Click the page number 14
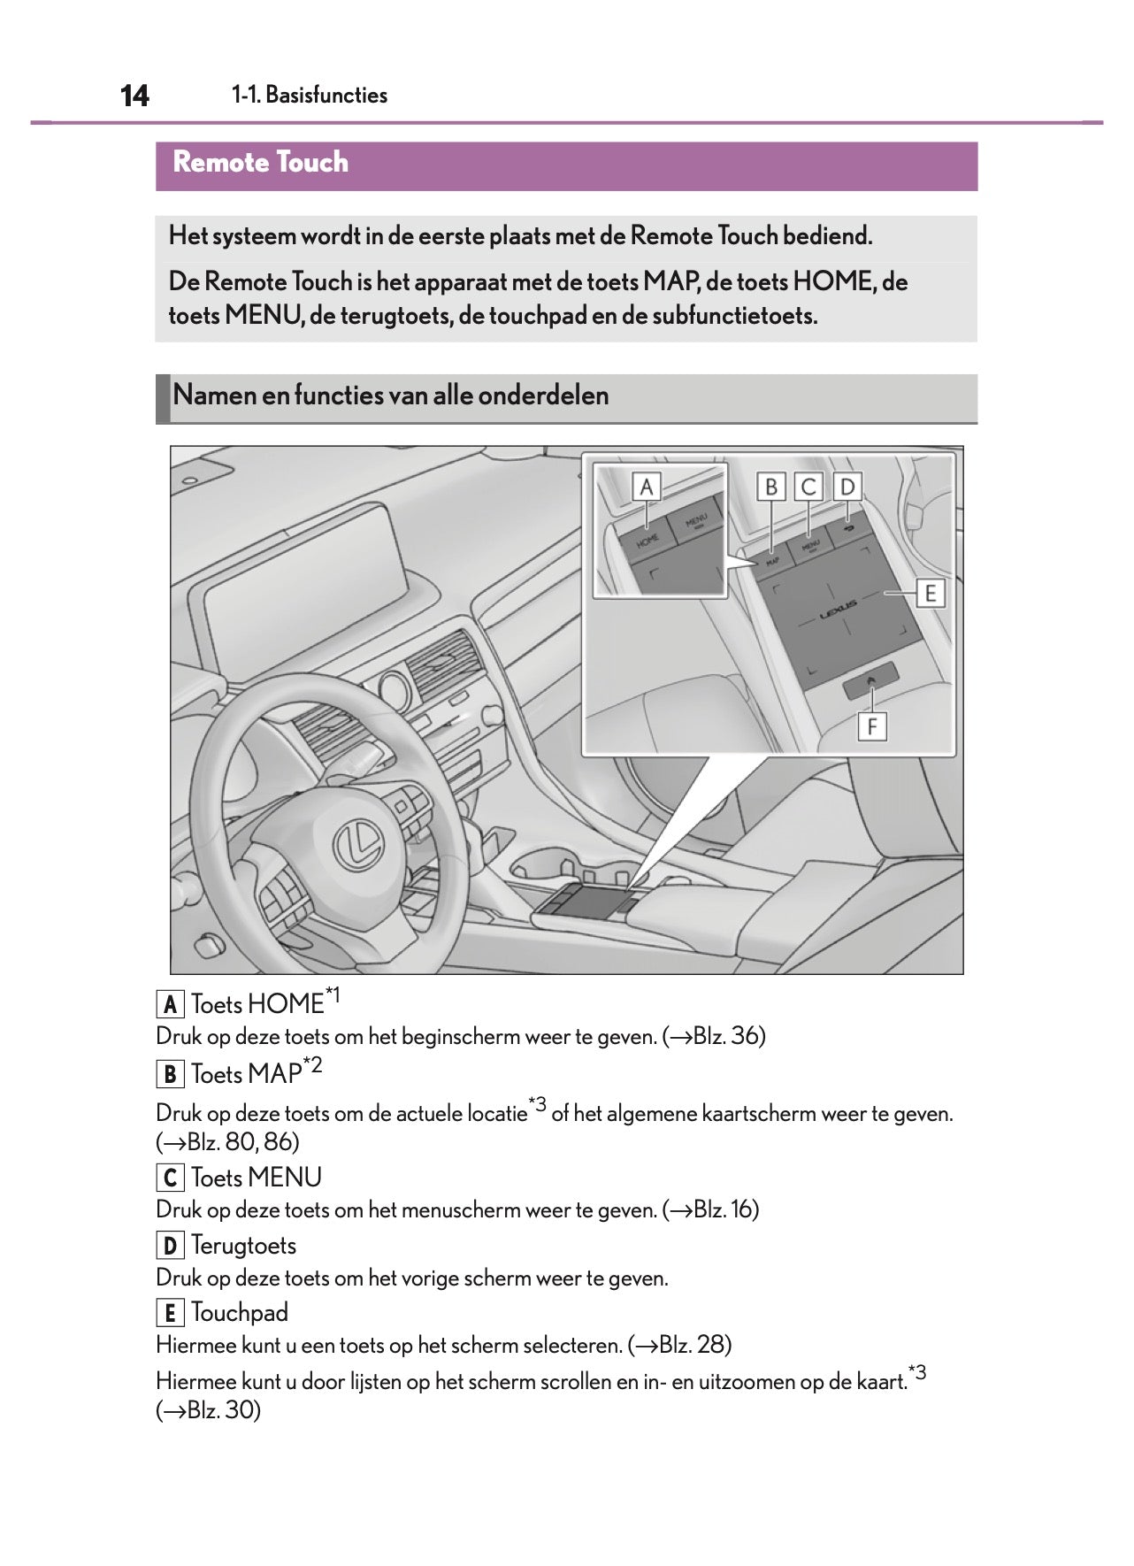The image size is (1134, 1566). coord(134,96)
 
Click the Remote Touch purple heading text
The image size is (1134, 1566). coord(260,163)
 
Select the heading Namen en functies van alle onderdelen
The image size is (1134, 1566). coord(390,395)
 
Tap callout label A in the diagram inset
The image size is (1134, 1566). coord(647,487)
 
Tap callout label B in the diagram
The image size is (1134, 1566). coord(771,487)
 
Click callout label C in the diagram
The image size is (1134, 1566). coord(808,487)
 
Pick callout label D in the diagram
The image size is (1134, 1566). coord(847,487)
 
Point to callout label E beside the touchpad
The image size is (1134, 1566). coord(930,593)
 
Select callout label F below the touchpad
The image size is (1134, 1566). coord(872,727)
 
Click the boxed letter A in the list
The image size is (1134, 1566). coord(170,1005)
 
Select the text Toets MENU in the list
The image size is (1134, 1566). coord(256,1178)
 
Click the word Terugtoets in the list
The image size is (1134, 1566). coord(243,1246)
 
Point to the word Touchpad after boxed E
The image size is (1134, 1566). coord(240,1313)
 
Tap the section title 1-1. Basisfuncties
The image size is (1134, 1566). coord(310,96)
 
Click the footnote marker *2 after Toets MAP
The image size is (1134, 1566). coord(312,1066)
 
